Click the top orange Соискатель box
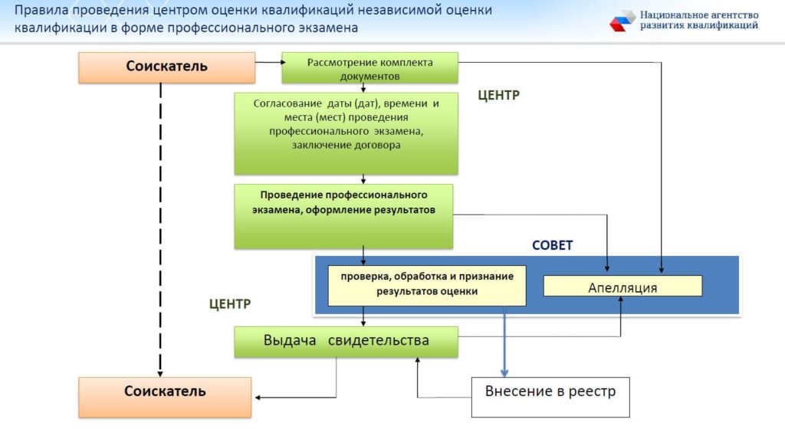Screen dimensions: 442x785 (x=166, y=67)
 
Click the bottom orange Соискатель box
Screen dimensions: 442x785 (x=165, y=396)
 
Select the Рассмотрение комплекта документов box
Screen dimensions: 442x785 (x=370, y=67)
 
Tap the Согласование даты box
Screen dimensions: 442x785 (x=346, y=133)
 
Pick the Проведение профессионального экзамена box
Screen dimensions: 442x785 (x=343, y=215)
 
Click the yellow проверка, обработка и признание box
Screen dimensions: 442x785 (x=427, y=286)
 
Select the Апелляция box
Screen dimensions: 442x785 (x=622, y=286)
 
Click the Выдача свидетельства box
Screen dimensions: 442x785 (x=346, y=342)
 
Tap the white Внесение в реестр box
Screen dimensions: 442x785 (x=550, y=396)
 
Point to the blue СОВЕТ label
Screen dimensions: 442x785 (x=552, y=246)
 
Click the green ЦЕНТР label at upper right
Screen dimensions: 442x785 (x=498, y=96)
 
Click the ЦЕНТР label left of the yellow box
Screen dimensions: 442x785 (x=230, y=304)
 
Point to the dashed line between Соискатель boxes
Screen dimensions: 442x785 (x=161, y=230)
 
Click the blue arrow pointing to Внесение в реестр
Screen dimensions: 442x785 (x=504, y=341)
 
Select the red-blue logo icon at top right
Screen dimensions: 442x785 (x=622, y=21)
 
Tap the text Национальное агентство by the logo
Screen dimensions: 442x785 (x=698, y=15)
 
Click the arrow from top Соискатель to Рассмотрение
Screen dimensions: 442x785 (x=268, y=62)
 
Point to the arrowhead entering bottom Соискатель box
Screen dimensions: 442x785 (x=259, y=397)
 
